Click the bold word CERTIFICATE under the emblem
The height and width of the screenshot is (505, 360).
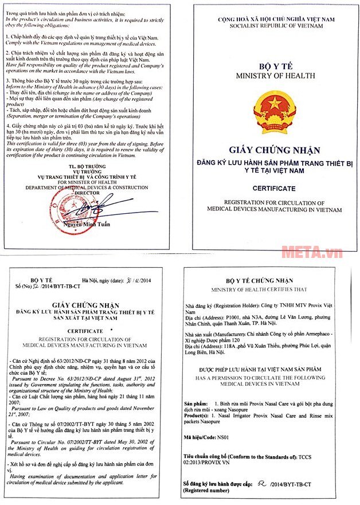[274, 188]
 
